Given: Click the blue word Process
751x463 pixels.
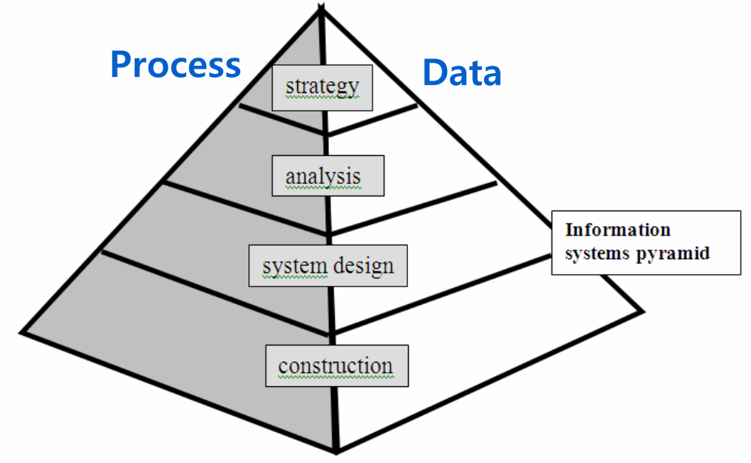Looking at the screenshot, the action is pos(175,65).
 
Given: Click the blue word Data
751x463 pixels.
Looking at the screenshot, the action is pos(462,73).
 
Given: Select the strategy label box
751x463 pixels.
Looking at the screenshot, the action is pos(322,88).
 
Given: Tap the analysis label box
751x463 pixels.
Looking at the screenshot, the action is pos(327,176).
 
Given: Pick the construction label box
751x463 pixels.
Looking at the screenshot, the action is pos(337,366).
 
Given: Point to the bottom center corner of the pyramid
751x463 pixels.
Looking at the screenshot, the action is pos(337,449).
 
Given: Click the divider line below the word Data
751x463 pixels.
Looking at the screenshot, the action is pos(373,120).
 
